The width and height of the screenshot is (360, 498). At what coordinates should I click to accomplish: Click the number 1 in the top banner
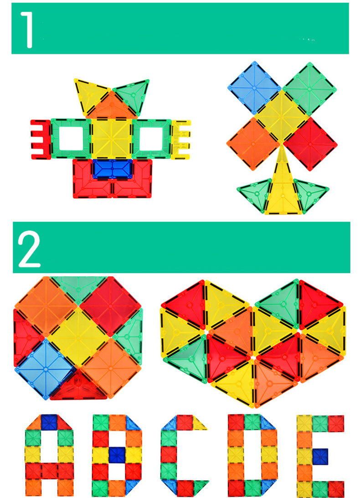28,30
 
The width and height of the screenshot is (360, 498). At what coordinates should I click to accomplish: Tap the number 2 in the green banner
29,249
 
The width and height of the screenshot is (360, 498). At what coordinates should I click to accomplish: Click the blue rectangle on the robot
113,169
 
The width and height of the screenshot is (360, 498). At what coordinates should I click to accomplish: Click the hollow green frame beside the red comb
71,139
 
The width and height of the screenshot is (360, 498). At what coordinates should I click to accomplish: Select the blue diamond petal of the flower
254,88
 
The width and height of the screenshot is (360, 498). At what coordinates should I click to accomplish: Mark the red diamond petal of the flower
310,144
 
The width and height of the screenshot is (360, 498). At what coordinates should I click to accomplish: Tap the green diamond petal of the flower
309,88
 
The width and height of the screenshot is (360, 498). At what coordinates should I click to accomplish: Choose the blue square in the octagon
46,369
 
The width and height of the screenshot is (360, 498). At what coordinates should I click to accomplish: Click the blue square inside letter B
117,455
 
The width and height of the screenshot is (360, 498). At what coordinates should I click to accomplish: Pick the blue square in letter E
320,456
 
